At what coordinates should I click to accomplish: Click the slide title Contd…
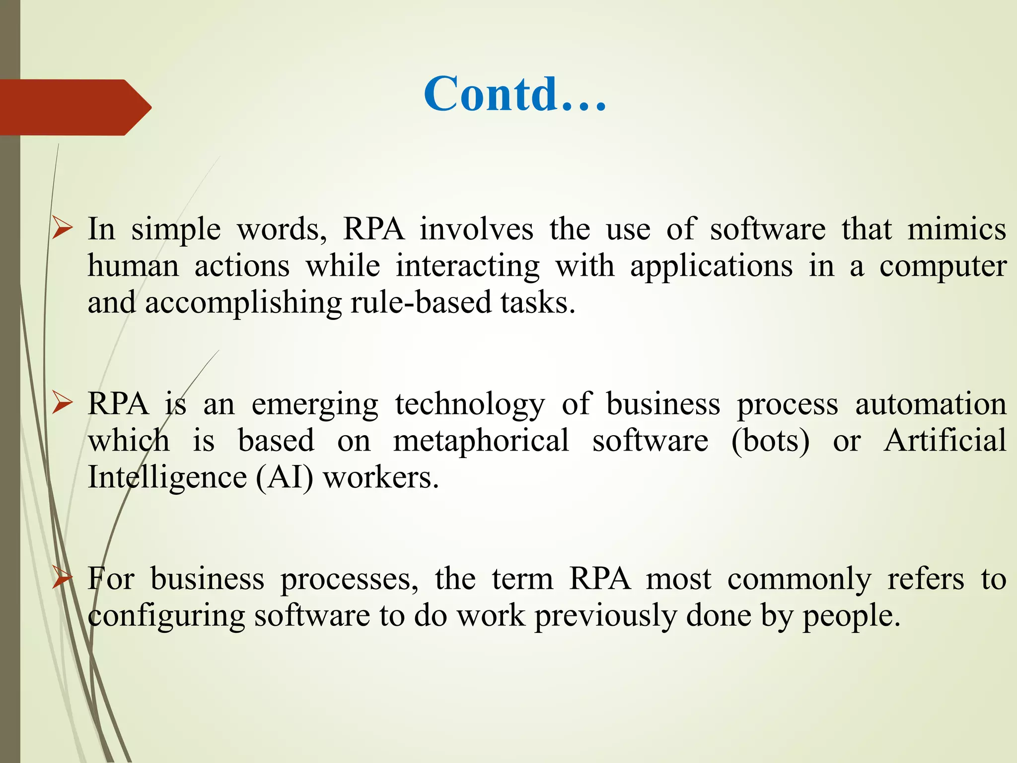coord(515,94)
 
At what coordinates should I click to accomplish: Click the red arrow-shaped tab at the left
coord(70,107)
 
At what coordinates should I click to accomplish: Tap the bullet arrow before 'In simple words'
coord(63,229)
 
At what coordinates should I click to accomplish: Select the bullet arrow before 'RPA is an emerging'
coord(63,404)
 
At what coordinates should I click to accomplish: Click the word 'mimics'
coord(956,229)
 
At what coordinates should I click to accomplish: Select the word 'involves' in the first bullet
coord(476,229)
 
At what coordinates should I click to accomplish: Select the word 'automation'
coord(930,404)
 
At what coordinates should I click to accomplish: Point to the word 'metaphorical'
coord(481,441)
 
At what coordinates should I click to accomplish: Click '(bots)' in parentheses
coord(770,441)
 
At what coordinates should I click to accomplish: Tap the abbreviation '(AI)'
coord(285,478)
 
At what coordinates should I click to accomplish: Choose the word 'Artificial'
coord(944,441)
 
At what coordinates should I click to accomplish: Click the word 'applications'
coord(711,267)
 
